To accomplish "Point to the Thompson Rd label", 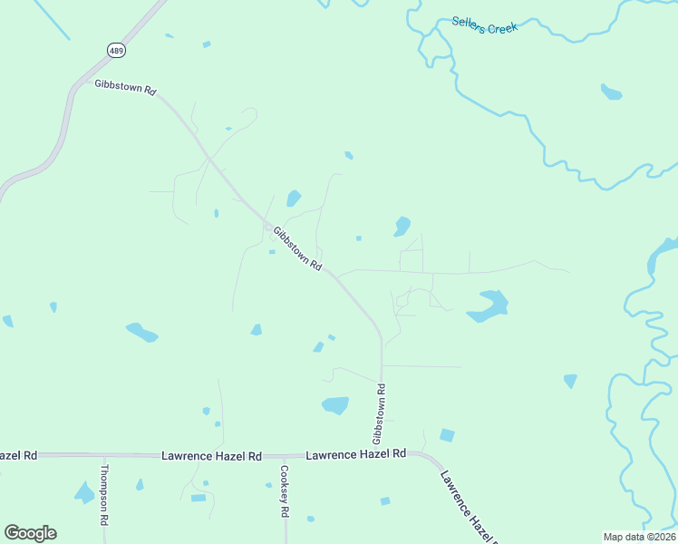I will [104, 495].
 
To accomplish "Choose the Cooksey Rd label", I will [284, 491].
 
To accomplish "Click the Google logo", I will [30, 532].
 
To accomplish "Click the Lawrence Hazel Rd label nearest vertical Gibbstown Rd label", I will [355, 453].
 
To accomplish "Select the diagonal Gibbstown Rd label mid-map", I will [297, 248].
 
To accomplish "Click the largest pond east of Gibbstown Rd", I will [489, 306].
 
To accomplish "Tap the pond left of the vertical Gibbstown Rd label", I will [335, 405].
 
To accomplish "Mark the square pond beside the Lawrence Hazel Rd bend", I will [446, 435].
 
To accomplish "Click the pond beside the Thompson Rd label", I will [84, 494].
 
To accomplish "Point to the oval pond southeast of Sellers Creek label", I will [611, 92].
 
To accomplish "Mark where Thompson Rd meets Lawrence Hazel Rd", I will [104, 455].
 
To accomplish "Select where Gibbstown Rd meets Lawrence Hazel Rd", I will [382, 453].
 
